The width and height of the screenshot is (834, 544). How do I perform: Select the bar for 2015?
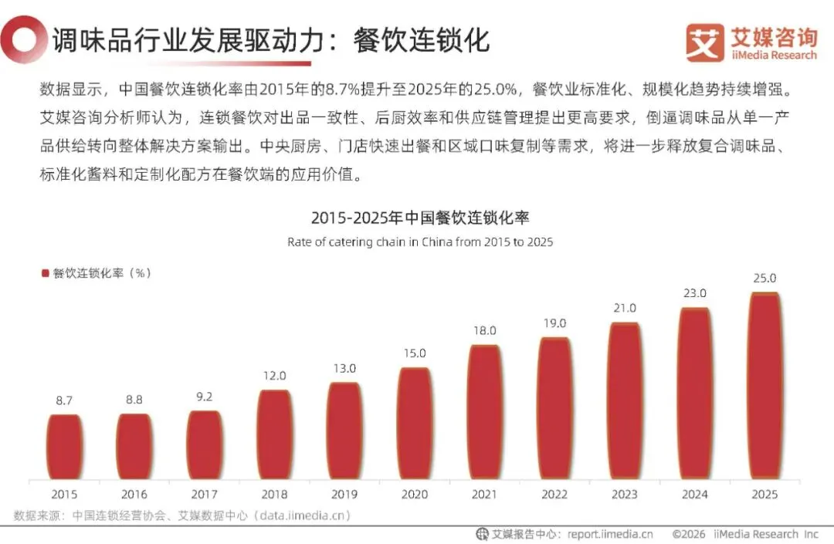click(x=64, y=448)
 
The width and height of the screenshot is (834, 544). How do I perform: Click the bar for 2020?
click(x=415, y=424)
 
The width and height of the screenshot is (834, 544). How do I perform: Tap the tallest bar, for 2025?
click(x=764, y=387)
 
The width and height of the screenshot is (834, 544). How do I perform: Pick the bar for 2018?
click(x=274, y=435)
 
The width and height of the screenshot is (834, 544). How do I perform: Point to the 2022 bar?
click(x=554, y=408)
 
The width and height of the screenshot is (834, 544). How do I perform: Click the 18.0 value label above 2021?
click(x=484, y=330)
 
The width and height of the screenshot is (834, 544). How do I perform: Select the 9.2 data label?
click(x=204, y=397)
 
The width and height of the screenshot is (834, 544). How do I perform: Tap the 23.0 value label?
click(x=695, y=292)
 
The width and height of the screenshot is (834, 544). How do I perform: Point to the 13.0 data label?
click(x=344, y=368)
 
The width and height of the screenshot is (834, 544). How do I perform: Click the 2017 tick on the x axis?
click(x=204, y=494)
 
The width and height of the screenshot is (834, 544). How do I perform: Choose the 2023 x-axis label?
click(x=625, y=494)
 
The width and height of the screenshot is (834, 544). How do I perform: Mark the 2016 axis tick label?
click(x=134, y=494)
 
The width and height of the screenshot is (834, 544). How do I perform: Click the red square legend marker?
click(x=46, y=273)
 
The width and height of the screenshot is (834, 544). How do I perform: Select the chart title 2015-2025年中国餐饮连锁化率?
click(x=420, y=218)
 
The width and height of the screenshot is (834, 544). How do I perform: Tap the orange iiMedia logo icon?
click(x=705, y=42)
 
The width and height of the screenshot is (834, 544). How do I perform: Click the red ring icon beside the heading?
click(x=22, y=40)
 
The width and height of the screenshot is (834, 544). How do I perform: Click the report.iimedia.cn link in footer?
click(x=610, y=534)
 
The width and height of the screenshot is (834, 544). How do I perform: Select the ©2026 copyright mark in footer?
click(x=689, y=534)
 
